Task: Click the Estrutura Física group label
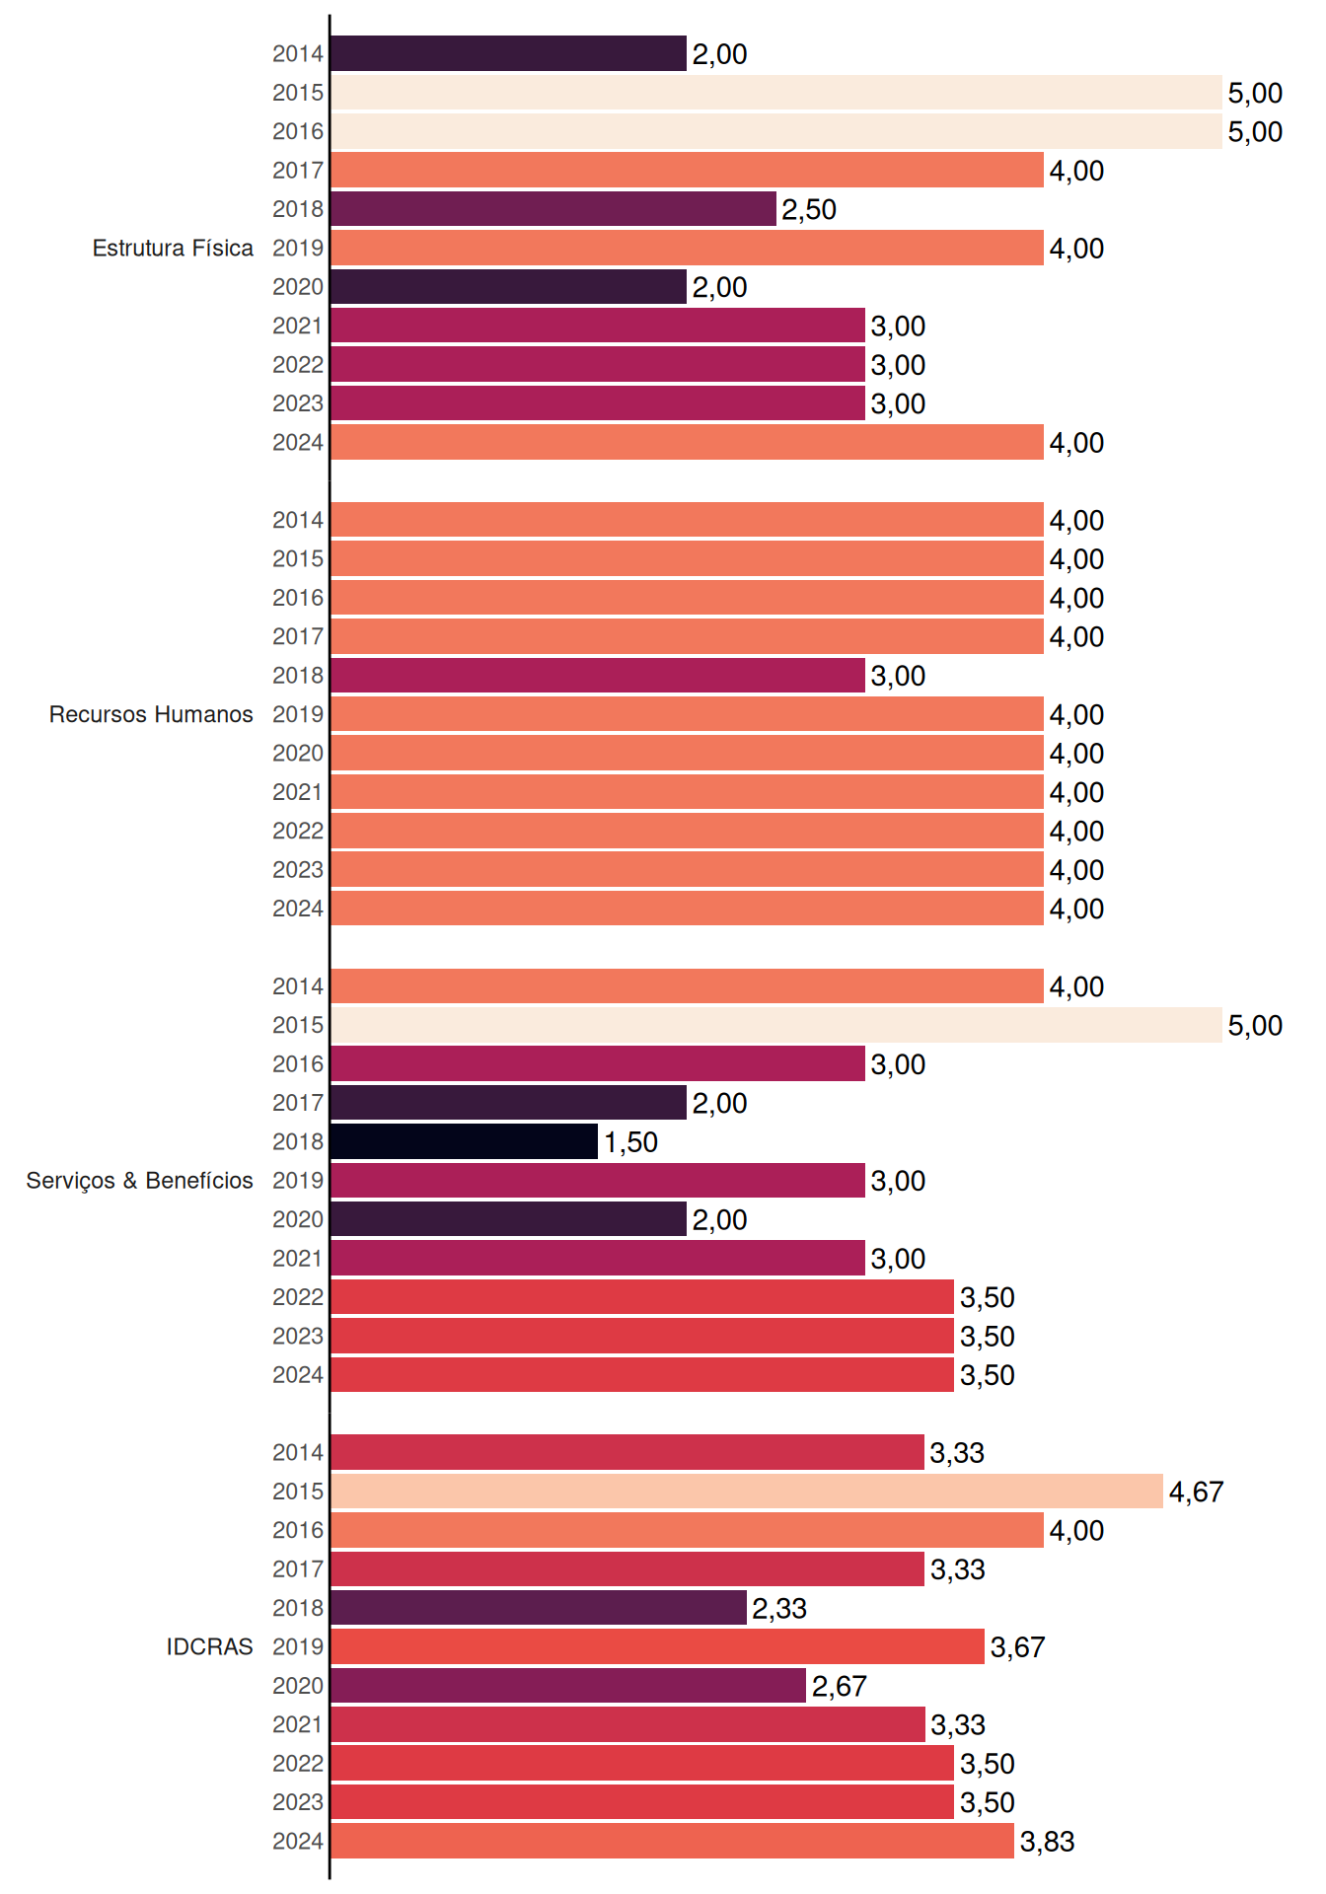point(173,248)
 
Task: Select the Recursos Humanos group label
point(151,714)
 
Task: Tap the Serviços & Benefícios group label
point(139,1181)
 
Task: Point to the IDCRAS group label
point(209,1646)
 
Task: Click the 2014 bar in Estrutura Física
point(508,53)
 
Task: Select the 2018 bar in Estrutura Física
point(553,209)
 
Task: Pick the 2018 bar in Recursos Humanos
point(598,676)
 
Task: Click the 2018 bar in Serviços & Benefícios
point(464,1141)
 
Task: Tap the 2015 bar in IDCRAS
point(747,1492)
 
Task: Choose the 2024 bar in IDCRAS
point(672,1841)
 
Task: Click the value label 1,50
point(630,1142)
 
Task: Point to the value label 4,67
point(1196,1492)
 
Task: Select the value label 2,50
point(809,209)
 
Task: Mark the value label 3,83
point(1047,1842)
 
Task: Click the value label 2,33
point(779,1608)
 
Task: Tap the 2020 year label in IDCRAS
point(298,1686)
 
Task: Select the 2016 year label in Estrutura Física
point(298,131)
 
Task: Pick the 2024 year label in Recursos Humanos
point(298,909)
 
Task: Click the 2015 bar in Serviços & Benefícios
point(776,1025)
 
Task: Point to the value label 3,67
point(1017,1647)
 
